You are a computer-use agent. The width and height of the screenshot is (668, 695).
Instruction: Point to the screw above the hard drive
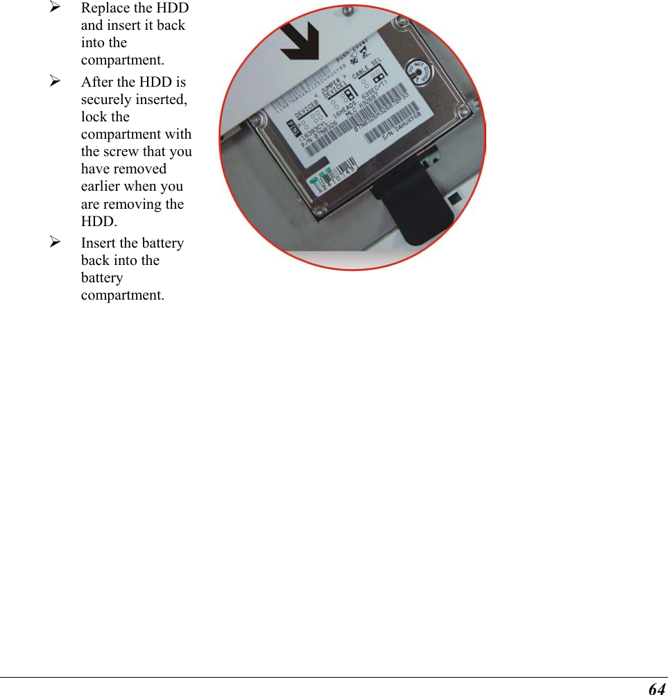(348, 11)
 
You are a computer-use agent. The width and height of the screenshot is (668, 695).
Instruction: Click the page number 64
(656, 688)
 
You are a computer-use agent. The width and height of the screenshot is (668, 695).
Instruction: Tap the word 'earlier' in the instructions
(102, 187)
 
